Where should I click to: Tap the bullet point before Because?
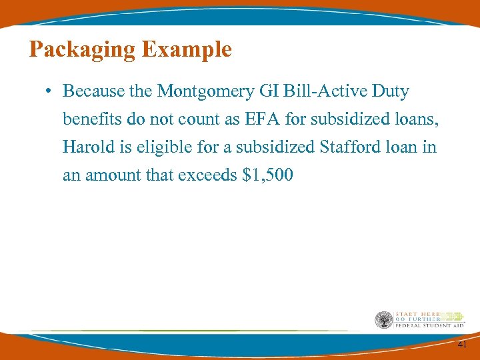tap(50, 91)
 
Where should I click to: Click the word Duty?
tap(391, 91)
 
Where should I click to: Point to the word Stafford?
tap(347, 147)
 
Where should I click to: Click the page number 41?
tap(463, 345)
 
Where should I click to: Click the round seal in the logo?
tap(384, 319)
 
